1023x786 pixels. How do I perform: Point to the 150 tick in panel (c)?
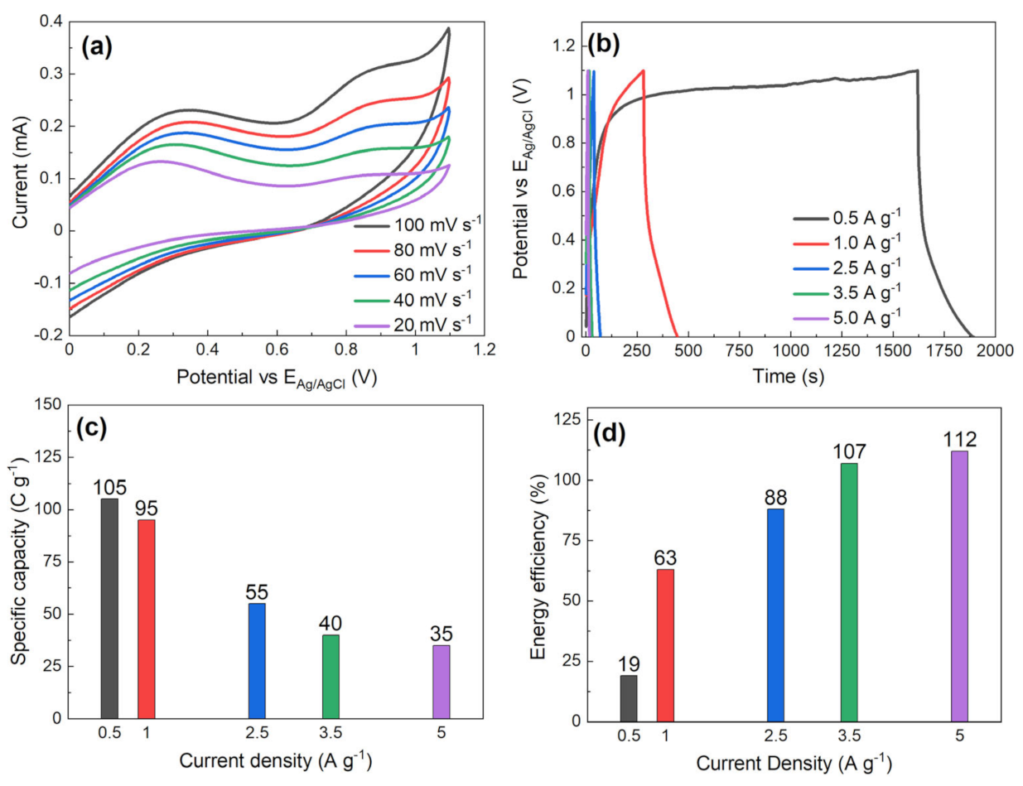(50, 405)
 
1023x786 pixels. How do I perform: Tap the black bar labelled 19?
(629, 698)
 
